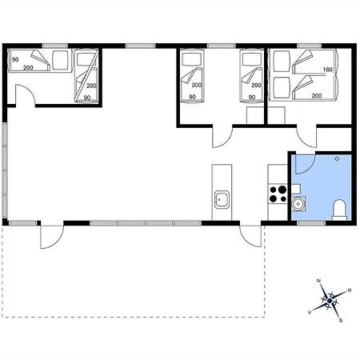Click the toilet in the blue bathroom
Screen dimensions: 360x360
pos(339,210)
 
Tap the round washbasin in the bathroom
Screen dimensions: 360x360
pos(298,204)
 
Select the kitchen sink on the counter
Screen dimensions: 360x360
pos(222,199)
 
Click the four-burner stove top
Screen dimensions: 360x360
pos(278,194)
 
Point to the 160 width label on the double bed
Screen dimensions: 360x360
pos(327,70)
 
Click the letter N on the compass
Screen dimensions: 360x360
pos(318,281)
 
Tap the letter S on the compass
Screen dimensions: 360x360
pos(341,321)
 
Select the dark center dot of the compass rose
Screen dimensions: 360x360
pos(330,301)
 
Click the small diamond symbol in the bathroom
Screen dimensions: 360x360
pos(337,158)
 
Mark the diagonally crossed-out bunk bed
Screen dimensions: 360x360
pos(86,76)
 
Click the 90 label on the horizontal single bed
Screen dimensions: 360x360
pos(15,59)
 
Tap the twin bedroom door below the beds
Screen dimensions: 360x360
pos(222,138)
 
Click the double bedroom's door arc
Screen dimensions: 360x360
pos(306,138)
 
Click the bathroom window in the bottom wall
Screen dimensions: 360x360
pos(311,223)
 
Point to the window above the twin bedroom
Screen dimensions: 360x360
pos(222,46)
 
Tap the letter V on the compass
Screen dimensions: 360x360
pos(310,312)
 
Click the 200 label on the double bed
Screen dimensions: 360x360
pos(317,96)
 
